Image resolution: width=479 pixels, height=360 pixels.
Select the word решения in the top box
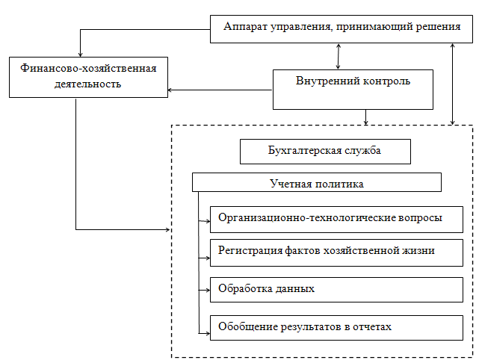coord(439,27)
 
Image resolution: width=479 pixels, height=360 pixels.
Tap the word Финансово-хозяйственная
coord(89,68)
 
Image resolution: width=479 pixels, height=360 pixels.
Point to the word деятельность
coord(88,84)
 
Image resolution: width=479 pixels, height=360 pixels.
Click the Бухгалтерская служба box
coord(325,152)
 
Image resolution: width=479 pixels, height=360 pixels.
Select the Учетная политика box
coord(317,182)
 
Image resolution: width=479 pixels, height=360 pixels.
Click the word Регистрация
coord(250,250)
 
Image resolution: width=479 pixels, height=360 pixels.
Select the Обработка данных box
coord(336,290)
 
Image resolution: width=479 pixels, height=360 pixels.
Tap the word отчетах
coord(372,327)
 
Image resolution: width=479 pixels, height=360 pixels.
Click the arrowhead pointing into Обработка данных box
coord(208,290)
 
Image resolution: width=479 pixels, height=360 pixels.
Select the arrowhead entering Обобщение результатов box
coord(208,333)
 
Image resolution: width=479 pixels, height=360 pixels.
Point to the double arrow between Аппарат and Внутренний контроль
coord(339,56)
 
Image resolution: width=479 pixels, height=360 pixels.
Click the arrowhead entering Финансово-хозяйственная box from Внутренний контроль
coord(170,90)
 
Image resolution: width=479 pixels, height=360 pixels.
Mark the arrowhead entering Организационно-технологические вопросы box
coord(208,221)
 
